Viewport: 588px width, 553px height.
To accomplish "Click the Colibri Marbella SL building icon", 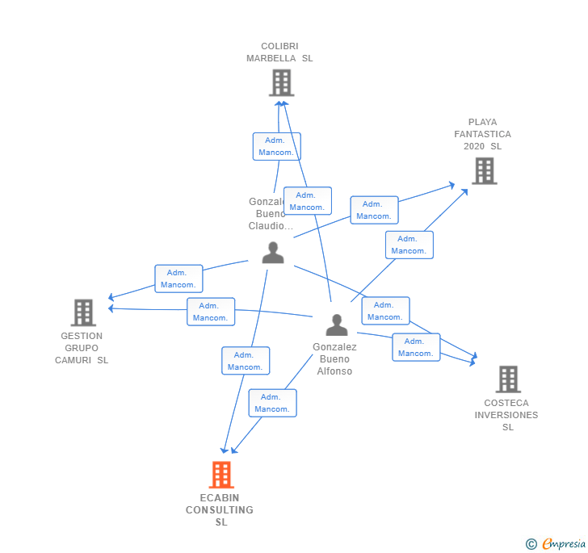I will [x=281, y=82].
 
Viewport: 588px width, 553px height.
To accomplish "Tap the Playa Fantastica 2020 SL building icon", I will [x=484, y=171].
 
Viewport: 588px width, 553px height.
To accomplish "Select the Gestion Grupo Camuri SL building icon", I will [x=83, y=312].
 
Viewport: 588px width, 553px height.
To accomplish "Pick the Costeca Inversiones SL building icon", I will [x=507, y=379].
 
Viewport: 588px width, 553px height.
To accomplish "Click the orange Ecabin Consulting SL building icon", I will [x=221, y=475].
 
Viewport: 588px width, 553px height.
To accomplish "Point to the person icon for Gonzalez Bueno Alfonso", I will [x=336, y=325].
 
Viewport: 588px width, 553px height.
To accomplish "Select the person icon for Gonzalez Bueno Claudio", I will [x=273, y=253].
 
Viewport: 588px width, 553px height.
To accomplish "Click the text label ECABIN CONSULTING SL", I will [x=220, y=510].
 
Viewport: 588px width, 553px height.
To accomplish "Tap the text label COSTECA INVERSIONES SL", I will [x=506, y=415].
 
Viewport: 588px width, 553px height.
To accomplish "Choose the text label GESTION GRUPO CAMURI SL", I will [x=82, y=348].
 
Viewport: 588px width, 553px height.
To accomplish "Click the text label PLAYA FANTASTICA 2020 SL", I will [x=482, y=134].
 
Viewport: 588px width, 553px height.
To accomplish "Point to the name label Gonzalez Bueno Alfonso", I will [x=334, y=358].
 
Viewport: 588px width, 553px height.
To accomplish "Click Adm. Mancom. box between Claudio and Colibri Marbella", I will [x=276, y=146].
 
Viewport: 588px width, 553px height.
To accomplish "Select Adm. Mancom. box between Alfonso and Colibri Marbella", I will [x=307, y=201].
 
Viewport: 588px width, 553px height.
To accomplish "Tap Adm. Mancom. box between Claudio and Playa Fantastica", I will [x=373, y=210].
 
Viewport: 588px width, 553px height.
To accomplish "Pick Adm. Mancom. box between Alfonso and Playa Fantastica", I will [x=409, y=245].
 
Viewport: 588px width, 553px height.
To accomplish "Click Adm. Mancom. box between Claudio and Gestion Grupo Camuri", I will [x=178, y=279].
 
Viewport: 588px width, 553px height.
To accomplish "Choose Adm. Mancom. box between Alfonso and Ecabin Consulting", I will [x=272, y=403].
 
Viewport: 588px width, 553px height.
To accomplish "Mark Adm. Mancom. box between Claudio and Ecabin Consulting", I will [x=245, y=361].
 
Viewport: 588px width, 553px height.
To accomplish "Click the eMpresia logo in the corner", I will [x=562, y=544].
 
